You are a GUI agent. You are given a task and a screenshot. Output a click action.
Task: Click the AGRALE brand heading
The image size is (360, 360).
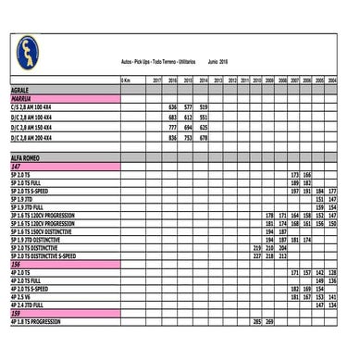(x=23, y=91)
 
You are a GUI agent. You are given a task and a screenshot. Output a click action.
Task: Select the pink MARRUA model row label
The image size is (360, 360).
(x=24, y=98)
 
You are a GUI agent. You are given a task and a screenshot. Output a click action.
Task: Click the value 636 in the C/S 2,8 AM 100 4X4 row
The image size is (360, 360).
(x=172, y=108)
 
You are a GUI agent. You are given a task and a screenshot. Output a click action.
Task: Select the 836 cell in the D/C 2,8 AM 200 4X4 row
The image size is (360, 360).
(x=172, y=137)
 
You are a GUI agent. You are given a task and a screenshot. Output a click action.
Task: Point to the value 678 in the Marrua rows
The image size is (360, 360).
(x=205, y=137)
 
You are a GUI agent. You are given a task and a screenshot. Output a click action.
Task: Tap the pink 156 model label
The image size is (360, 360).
(x=17, y=265)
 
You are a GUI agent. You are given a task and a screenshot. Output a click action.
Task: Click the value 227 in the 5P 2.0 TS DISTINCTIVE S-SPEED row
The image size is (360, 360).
(x=257, y=256)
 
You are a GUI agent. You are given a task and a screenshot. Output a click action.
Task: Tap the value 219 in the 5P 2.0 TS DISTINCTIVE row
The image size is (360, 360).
(x=257, y=248)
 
